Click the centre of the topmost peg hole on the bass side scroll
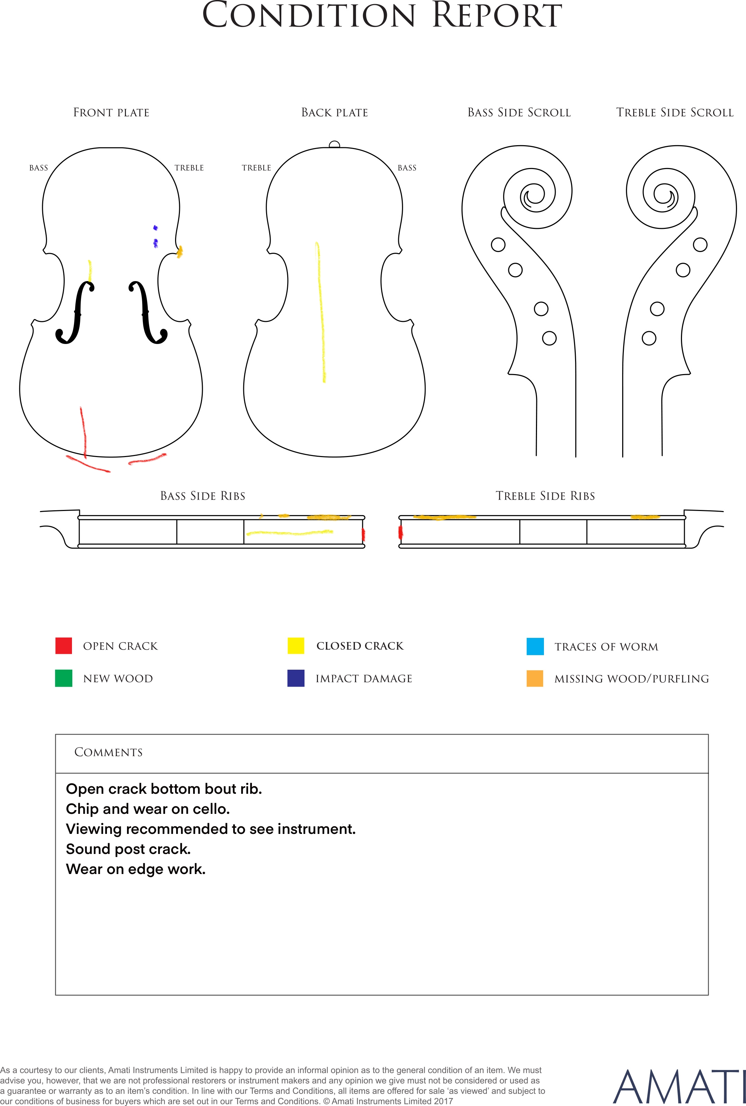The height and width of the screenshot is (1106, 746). [498, 245]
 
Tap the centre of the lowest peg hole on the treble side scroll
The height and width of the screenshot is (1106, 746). [649, 338]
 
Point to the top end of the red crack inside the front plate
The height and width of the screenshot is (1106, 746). [81, 407]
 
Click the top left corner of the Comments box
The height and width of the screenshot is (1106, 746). [56, 735]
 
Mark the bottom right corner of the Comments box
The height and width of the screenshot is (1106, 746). [708, 995]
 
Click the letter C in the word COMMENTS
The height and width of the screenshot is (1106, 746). [79, 752]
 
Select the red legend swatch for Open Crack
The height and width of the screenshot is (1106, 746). [64, 646]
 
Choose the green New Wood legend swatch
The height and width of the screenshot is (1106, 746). [64, 678]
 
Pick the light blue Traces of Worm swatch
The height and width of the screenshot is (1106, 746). [535, 647]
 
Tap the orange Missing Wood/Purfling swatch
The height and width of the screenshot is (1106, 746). [535, 678]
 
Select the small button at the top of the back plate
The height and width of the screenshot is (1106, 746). [335, 145]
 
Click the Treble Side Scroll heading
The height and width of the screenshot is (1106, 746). [675, 113]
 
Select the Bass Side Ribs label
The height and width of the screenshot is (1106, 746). [203, 496]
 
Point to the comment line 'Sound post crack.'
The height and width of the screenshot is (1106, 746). [128, 849]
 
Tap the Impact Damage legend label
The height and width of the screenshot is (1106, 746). [364, 679]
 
